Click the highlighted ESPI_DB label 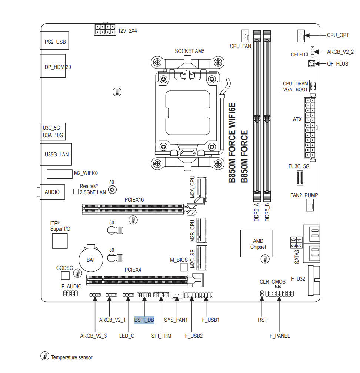click(x=144, y=320)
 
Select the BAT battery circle click(x=91, y=260)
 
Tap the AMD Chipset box click(x=257, y=244)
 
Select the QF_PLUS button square click(x=311, y=64)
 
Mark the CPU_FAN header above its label click(x=245, y=36)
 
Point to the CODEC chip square click(x=65, y=275)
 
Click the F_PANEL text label click(x=280, y=336)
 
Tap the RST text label click(x=262, y=320)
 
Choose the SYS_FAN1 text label click(x=176, y=320)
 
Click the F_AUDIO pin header click(x=70, y=294)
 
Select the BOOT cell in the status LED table click(x=302, y=89)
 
